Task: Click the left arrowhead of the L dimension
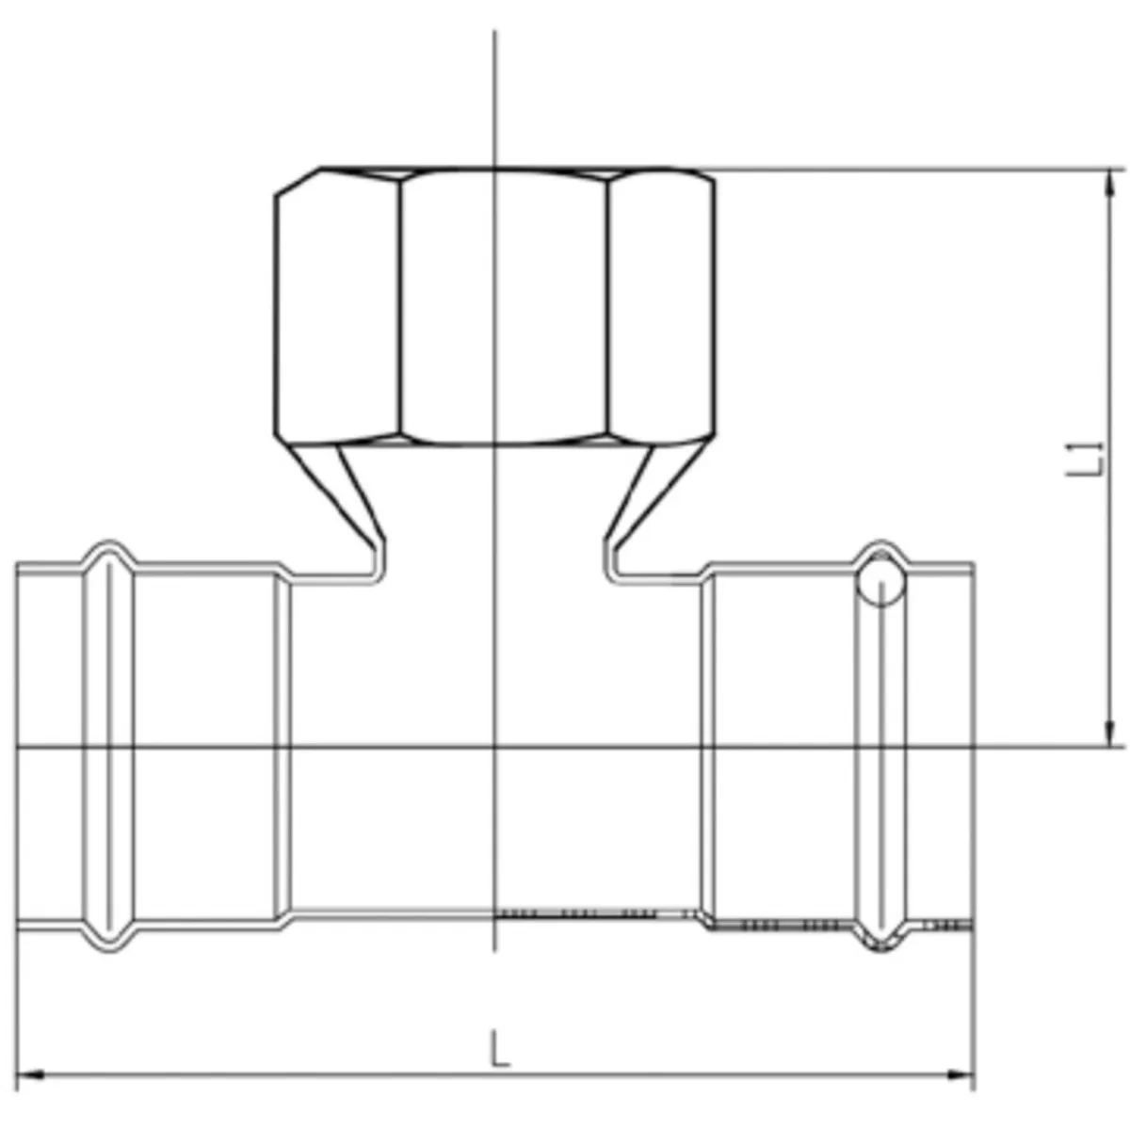tap(30, 1074)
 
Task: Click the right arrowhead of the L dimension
tap(961, 1074)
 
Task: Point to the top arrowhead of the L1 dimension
tap(1109, 183)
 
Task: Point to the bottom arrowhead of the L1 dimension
tap(1109, 734)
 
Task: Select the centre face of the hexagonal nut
tap(505, 306)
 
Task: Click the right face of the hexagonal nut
tap(661, 306)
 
